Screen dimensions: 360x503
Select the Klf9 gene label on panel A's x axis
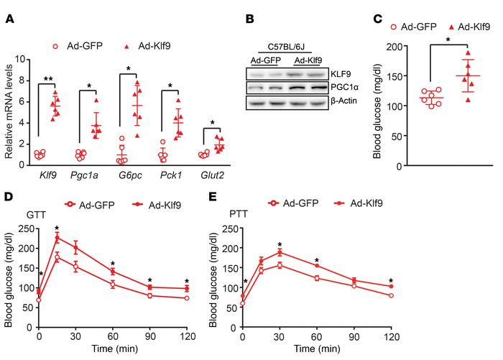coord(51,175)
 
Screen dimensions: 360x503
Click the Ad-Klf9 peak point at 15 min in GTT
coord(56,237)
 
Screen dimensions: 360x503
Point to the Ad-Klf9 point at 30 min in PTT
coord(280,252)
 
